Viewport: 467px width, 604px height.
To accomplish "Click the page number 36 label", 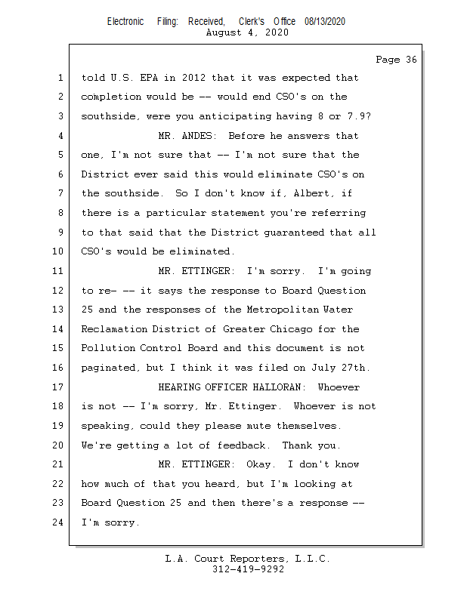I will (396, 60).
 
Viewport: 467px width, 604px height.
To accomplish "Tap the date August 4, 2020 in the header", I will (246, 33).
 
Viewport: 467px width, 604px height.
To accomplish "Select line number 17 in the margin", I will (59, 387).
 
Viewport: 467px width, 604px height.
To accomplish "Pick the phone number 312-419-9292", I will (248, 570).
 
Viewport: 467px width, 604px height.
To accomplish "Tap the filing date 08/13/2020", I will (325, 22).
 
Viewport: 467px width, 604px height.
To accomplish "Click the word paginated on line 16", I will (110, 368).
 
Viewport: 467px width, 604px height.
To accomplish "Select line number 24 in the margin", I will (59, 522).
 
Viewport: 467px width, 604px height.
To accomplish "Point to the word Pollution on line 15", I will (110, 349).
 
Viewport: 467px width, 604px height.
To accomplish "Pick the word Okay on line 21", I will (261, 464).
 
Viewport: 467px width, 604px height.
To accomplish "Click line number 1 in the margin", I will (59, 78).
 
